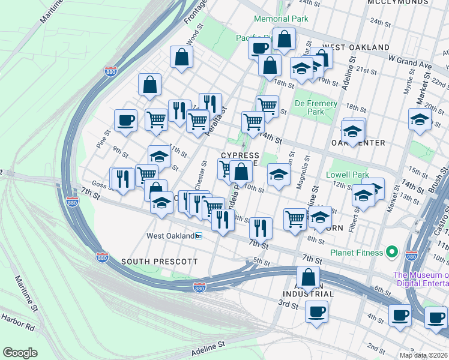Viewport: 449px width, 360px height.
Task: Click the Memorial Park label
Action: coord(281,19)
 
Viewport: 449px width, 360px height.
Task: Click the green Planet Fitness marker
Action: coord(393,252)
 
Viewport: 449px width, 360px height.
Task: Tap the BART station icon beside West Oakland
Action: coord(199,236)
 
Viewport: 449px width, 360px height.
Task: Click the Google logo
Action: coord(20,352)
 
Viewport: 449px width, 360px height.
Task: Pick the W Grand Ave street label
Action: coord(410,61)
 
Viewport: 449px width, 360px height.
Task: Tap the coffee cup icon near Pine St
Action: coord(125,120)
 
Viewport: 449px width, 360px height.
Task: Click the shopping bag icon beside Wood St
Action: coord(181,58)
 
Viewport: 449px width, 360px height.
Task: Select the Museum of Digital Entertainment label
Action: coord(421,280)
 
